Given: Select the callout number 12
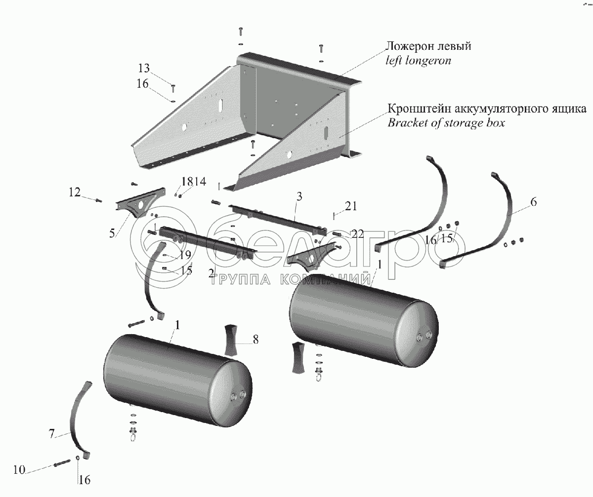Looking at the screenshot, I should pyautogui.click(x=74, y=193).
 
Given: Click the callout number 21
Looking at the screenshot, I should pyautogui.click(x=350, y=205).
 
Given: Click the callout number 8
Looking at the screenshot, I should pyautogui.click(x=255, y=339).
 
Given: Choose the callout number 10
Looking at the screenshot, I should pyautogui.click(x=19, y=470).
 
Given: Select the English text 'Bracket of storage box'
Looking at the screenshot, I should pyautogui.click(x=446, y=123).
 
